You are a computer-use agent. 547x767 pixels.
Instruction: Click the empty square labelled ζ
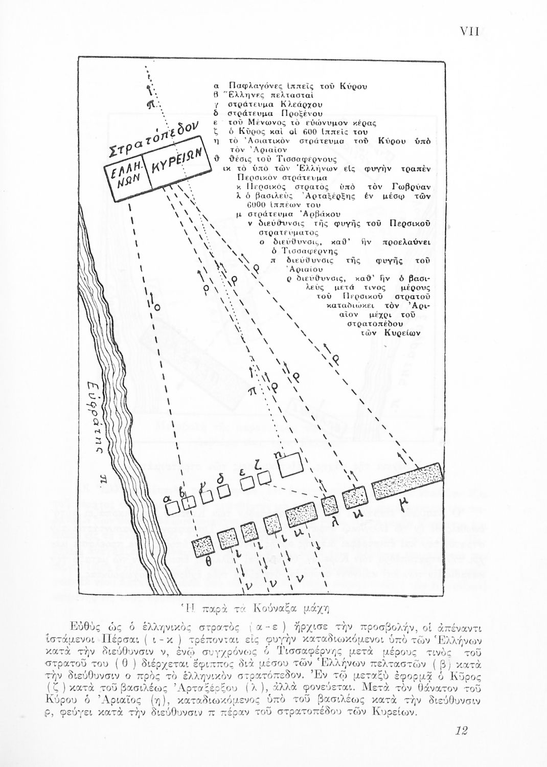[264, 477]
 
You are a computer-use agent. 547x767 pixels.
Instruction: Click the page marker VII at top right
[469, 32]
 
